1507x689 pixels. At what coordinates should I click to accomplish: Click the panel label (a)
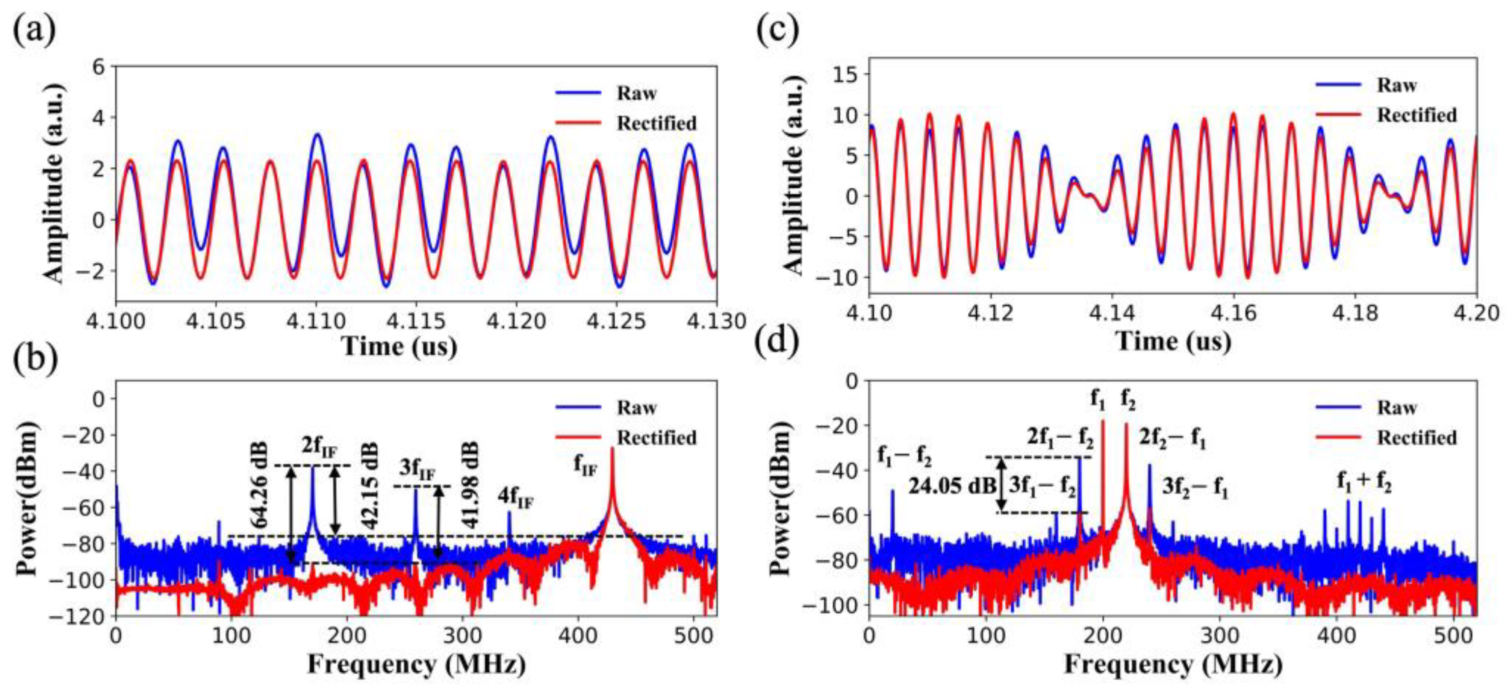tap(34, 30)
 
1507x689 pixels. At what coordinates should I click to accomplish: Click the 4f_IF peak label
tap(516, 499)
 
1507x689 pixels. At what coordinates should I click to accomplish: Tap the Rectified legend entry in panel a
tap(657, 123)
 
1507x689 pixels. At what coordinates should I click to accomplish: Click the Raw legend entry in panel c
tap(1397, 86)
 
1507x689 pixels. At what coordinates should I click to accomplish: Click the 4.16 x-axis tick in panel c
tap(1234, 314)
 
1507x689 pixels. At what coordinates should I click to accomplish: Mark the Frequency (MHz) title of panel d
tap(1173, 664)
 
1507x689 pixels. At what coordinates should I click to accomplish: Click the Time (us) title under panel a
tap(399, 346)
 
